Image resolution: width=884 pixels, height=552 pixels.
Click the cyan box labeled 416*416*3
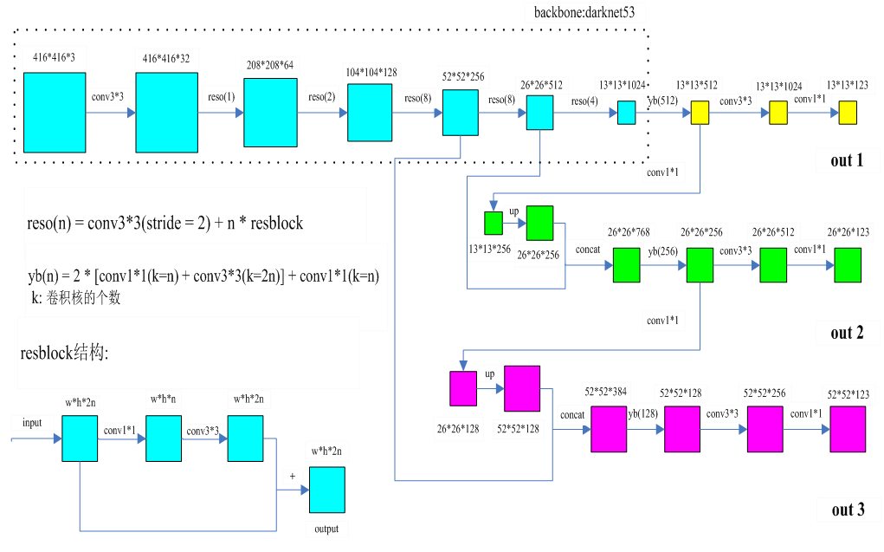tap(55, 112)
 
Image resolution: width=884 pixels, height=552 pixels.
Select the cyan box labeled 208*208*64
tap(270, 111)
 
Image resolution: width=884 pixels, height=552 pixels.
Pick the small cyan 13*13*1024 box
tap(626, 113)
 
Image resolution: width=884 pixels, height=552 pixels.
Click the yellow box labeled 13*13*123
tap(847, 113)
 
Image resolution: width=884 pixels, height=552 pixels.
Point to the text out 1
tap(847, 160)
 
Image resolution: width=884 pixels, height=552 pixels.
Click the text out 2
tap(847, 333)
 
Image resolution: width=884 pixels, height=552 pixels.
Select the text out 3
tap(848, 510)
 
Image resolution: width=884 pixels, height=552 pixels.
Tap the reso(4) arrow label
tap(584, 101)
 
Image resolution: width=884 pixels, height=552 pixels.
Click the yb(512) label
tap(663, 101)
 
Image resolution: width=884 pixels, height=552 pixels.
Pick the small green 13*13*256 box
tap(494, 223)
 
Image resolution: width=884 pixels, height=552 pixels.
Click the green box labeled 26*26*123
tap(848, 265)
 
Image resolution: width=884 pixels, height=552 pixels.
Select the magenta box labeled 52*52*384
tap(609, 428)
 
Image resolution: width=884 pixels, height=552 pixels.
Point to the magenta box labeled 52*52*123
tap(848, 428)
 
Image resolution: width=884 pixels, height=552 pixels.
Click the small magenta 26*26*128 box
tap(463, 388)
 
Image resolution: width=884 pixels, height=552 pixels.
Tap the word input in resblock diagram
tap(32, 422)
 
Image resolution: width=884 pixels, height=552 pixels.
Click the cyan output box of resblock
tap(326, 490)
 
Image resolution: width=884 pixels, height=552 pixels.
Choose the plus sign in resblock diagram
tap(292, 477)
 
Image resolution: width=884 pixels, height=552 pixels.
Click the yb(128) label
tap(642, 414)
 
